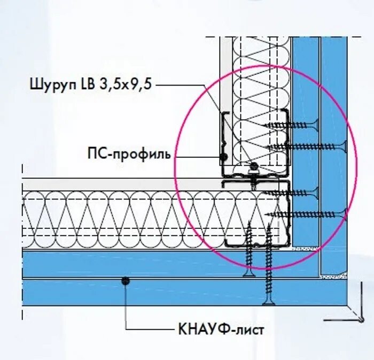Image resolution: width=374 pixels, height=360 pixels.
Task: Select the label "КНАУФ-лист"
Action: (x=220, y=328)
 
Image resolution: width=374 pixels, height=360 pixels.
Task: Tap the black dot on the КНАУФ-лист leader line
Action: (x=126, y=280)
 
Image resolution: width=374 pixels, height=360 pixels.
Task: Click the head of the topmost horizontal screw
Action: (x=318, y=126)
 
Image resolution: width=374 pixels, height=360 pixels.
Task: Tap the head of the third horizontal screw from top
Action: (x=318, y=194)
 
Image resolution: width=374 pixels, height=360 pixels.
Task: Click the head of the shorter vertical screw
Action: (x=249, y=274)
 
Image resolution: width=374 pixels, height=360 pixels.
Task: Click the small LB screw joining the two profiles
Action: (x=254, y=166)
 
